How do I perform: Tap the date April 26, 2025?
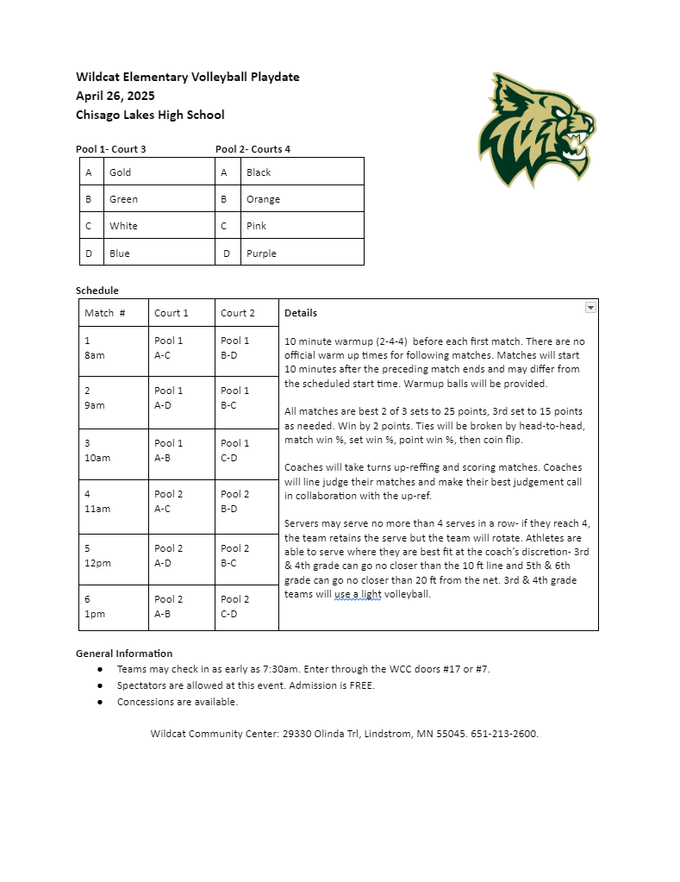[115, 96]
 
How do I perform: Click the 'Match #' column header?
[104, 313]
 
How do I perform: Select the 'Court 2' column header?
[238, 313]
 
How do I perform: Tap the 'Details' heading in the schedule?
[301, 313]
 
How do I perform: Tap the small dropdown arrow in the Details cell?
[590, 307]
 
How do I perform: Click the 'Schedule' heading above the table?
[97, 291]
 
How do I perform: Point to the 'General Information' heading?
[124, 654]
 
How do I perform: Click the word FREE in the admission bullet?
[360, 685]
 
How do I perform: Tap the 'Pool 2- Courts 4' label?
[253, 149]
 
